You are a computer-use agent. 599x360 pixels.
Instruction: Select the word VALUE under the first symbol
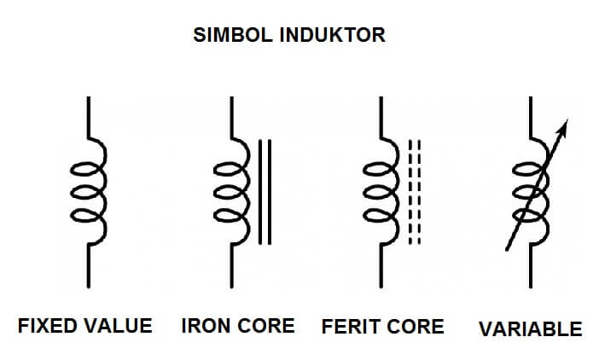tap(119, 326)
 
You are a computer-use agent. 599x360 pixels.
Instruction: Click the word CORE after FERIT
tap(416, 327)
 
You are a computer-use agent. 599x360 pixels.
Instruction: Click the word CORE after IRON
tap(267, 326)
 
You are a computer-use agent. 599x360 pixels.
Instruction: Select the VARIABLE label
tap(530, 328)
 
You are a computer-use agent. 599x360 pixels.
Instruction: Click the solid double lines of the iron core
tap(265, 192)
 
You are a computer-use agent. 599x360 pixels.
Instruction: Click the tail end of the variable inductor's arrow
tap(508, 249)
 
